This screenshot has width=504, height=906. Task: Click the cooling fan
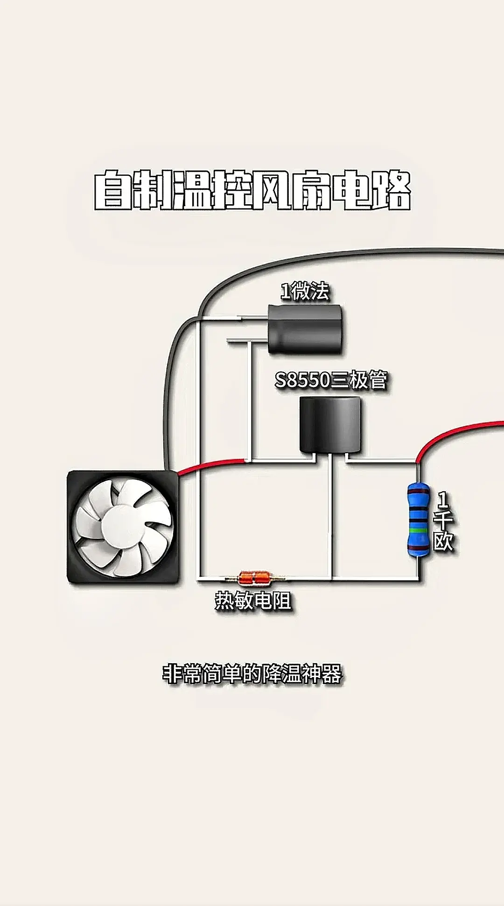click(x=123, y=527)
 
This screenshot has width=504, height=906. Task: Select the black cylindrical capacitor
click(x=307, y=329)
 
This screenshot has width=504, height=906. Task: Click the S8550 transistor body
click(x=330, y=425)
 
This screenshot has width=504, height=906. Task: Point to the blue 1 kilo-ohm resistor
click(x=418, y=519)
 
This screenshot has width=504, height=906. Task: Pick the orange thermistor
click(x=255, y=578)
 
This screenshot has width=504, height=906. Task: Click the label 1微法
click(x=305, y=291)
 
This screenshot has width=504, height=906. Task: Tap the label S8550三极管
click(x=331, y=380)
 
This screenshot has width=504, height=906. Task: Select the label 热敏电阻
click(x=253, y=600)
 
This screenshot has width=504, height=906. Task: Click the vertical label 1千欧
click(x=443, y=521)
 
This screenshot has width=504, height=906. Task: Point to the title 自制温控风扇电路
click(x=252, y=190)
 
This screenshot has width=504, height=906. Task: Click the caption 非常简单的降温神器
click(x=252, y=674)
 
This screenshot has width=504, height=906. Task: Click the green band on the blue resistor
click(x=418, y=530)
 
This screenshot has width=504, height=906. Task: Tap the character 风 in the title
click(x=272, y=190)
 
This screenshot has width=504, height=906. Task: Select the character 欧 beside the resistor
click(x=443, y=541)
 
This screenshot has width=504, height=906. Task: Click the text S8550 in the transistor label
click(x=303, y=380)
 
